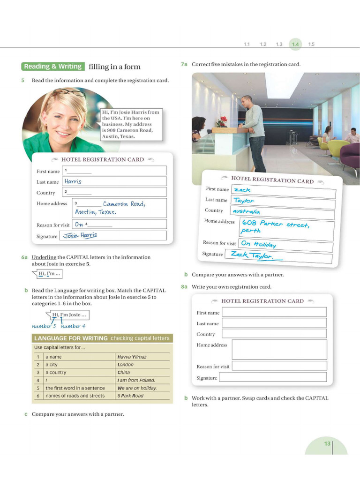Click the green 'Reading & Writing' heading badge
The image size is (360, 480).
coord(53,67)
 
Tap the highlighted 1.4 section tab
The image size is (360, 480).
coord(295,44)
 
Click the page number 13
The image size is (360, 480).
coord(327,443)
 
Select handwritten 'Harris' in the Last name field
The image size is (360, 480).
coord(73,181)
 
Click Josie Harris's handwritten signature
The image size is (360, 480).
coord(80,236)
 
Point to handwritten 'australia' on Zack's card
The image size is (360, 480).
coord(246,211)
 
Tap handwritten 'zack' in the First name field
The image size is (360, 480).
coord(242,190)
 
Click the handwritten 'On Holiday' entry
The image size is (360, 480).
coord(258,244)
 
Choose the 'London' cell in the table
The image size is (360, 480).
coord(126,365)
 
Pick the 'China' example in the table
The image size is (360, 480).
coord(124,372)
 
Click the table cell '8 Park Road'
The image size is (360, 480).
coord(130,396)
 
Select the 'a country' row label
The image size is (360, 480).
coord(56,372)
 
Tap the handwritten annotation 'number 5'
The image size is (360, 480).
coord(44,326)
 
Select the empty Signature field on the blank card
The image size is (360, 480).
coord(272,377)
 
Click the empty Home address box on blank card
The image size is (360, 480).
coord(279,349)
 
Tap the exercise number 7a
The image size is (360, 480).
coord(184,64)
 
